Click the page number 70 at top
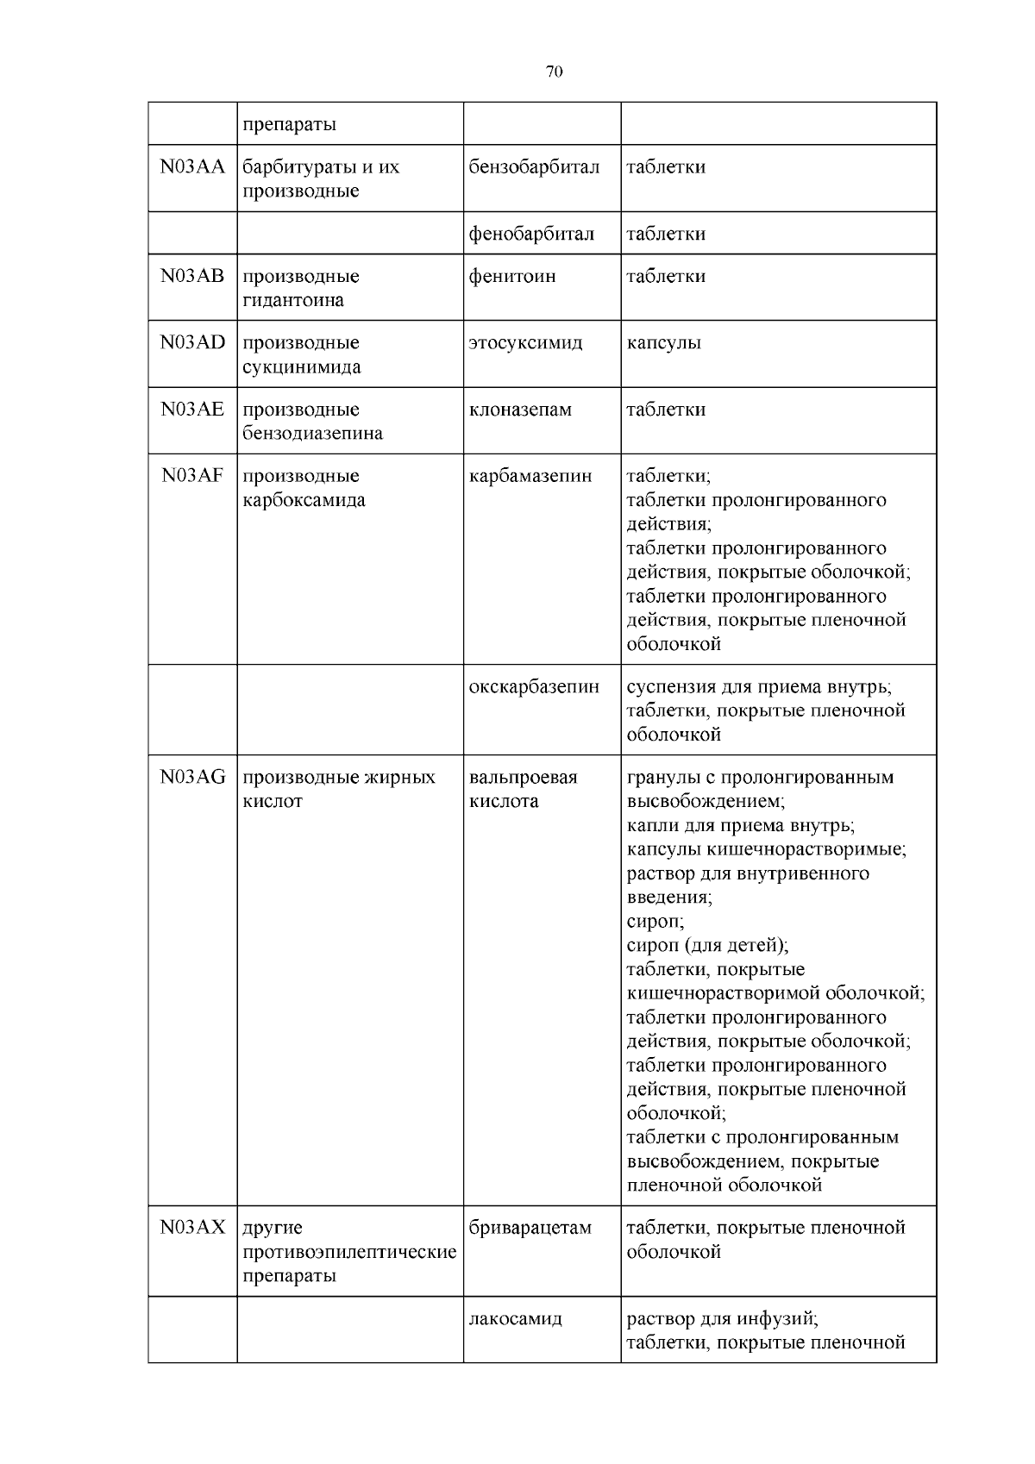coord(554,72)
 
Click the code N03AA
coord(192,166)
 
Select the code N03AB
coord(192,276)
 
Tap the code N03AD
coord(192,342)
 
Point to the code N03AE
coord(192,409)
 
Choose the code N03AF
coord(192,475)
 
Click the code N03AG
coord(192,777)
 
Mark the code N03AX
coord(192,1227)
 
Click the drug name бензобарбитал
coord(534,166)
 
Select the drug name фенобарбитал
coord(531,234)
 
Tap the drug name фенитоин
coord(512,276)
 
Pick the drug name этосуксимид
coord(525,342)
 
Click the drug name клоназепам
coord(520,409)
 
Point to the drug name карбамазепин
coord(530,475)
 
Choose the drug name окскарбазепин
coord(534,687)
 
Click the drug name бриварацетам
coord(530,1227)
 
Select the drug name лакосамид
coord(516,1318)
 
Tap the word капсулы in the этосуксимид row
coord(663,342)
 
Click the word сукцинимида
coord(301,366)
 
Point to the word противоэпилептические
coord(349,1251)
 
